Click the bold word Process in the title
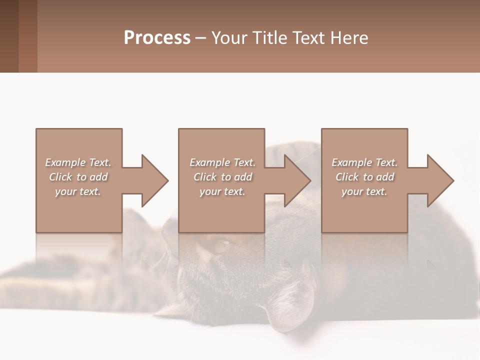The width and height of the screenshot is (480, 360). click(157, 38)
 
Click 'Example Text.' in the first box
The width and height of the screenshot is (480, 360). click(78, 162)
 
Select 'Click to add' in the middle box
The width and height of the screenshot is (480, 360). click(222, 177)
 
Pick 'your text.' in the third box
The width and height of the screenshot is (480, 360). click(364, 191)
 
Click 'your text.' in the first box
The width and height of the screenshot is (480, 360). click(78, 191)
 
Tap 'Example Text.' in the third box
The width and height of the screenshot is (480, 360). click(364, 162)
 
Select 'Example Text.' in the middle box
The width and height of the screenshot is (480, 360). click(222, 162)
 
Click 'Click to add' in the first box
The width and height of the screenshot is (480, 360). click(78, 177)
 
